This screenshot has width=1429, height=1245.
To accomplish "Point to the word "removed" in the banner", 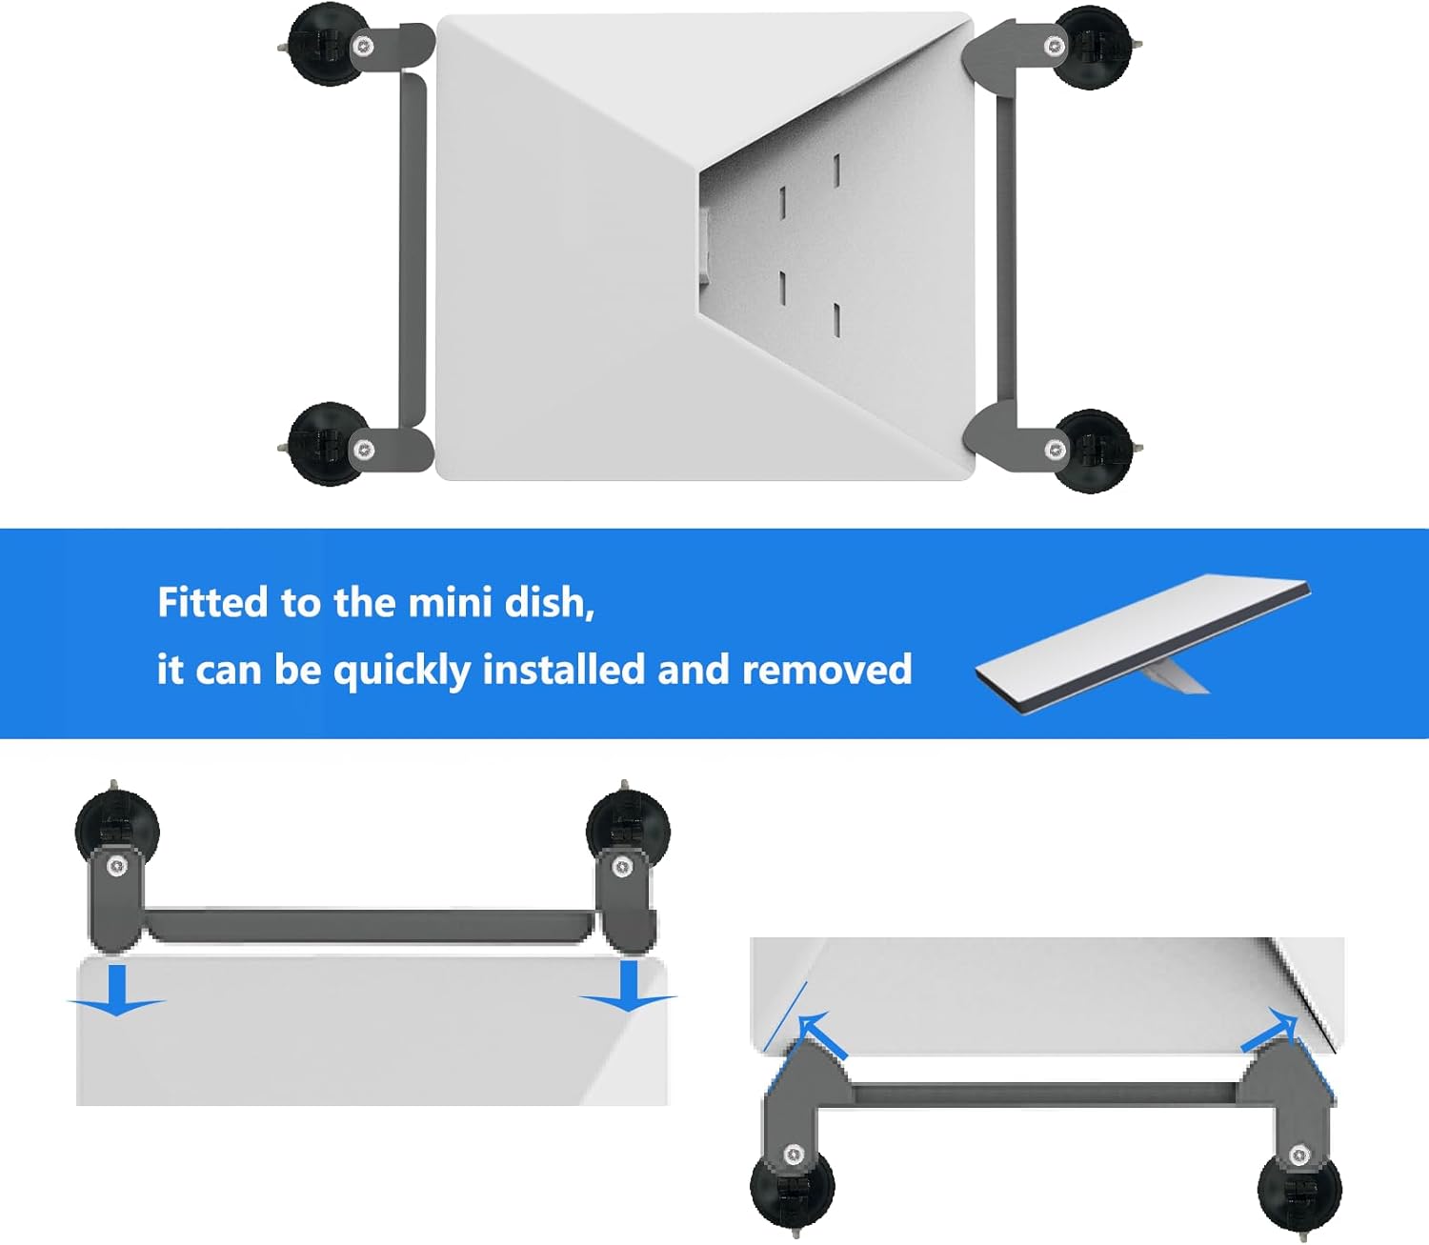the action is click(827, 669).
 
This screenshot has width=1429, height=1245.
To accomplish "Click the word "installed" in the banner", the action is click(563, 669).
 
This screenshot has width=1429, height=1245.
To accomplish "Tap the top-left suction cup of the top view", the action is click(327, 46).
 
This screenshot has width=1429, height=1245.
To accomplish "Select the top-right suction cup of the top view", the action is click(1093, 47).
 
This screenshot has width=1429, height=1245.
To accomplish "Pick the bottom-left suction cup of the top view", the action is click(327, 444).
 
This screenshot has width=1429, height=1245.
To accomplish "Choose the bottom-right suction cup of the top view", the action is click(1093, 451).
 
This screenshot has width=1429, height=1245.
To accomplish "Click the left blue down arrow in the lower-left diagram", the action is click(116, 990).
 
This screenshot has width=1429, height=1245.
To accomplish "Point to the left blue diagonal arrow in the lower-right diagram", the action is click(822, 1035).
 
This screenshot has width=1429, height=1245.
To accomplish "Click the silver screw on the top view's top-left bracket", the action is click(362, 47).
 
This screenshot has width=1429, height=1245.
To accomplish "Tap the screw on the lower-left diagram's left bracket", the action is click(116, 867).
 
